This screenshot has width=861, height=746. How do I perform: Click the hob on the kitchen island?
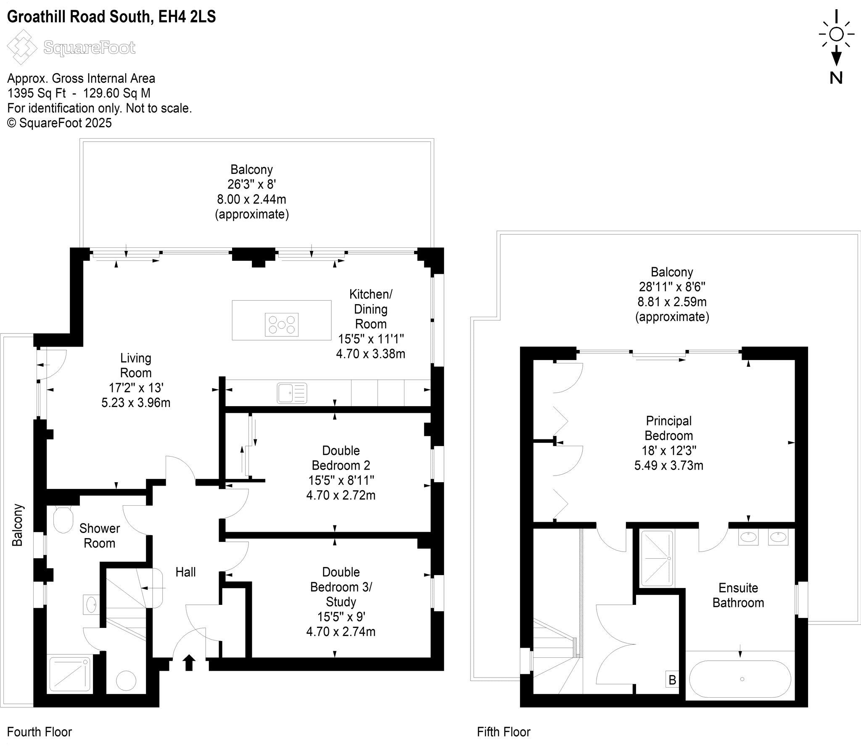tap(281, 324)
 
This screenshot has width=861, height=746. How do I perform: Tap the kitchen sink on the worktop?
tap(292, 393)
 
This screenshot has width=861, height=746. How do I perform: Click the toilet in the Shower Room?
tap(63, 519)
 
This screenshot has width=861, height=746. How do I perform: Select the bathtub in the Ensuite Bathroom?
tap(740, 679)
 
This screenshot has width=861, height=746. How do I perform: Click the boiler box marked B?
tap(672, 680)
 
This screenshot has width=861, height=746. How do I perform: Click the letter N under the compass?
tap(836, 78)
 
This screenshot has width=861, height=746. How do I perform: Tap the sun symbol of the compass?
tap(836, 34)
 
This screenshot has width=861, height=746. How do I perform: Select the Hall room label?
tap(185, 572)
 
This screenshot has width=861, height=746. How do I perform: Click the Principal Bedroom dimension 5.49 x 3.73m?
tap(668, 465)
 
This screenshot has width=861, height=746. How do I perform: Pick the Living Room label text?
tap(135, 365)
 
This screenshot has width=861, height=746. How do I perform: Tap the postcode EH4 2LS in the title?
tap(187, 17)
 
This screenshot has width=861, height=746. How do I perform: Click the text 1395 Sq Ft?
tap(36, 93)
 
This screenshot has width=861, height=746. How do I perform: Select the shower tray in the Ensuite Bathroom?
tap(657, 558)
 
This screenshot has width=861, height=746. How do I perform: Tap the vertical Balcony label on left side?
tap(17, 525)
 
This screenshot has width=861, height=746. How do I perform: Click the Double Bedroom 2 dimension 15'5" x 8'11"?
tap(341, 480)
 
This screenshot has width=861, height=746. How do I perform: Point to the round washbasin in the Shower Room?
tap(91, 605)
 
